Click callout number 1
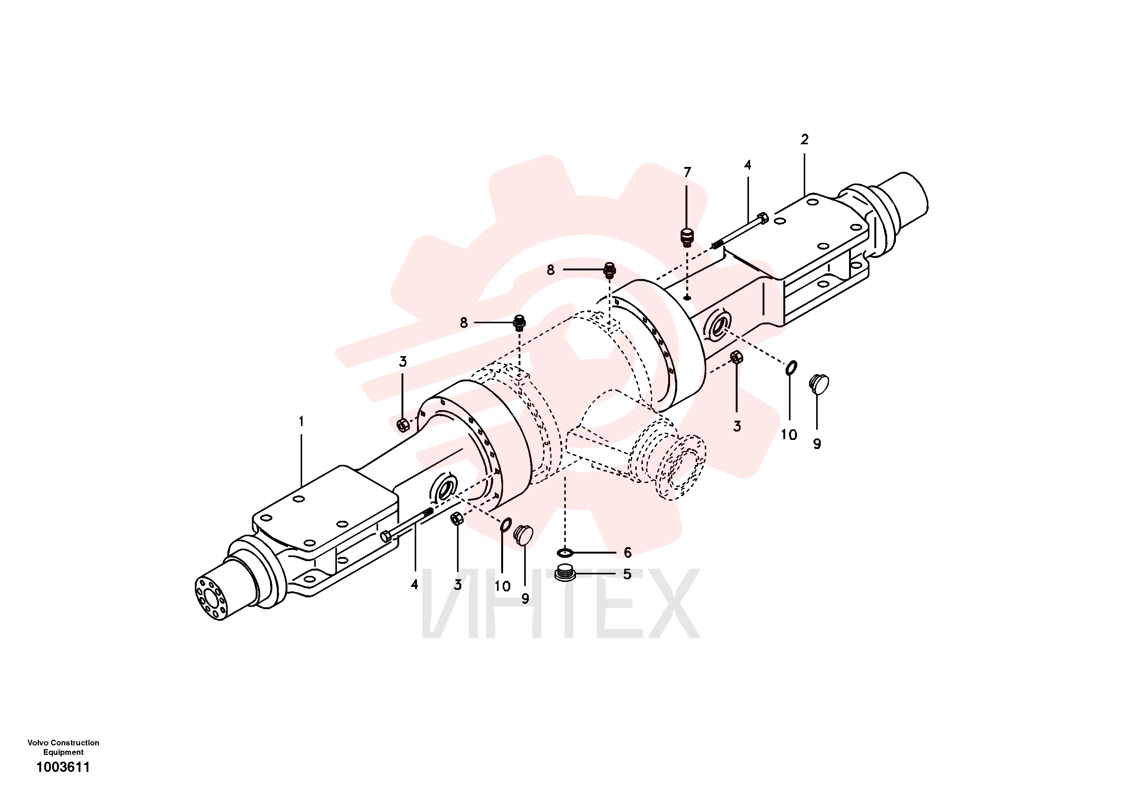301,421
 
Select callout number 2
804,139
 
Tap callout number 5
627,574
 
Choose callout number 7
687,172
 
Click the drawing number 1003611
63,767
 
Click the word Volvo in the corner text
38,742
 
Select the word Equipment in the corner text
63,752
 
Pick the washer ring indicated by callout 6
565,553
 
